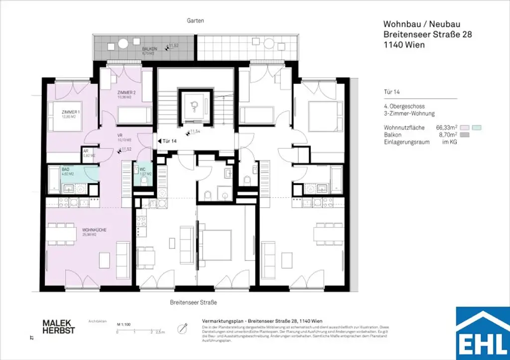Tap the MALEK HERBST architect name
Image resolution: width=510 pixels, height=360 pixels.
pyautogui.click(x=58, y=327)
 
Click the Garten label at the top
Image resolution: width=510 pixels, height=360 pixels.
pyautogui.click(x=197, y=20)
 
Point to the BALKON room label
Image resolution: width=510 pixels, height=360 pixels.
pyautogui.click(x=149, y=49)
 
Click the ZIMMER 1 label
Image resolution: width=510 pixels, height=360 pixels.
pyautogui.click(x=71, y=112)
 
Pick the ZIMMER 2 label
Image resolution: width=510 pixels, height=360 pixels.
pyautogui.click(x=127, y=93)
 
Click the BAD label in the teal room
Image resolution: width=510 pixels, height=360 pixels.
pyautogui.click(x=65, y=169)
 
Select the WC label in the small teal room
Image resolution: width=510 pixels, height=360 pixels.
pyautogui.click(x=142, y=169)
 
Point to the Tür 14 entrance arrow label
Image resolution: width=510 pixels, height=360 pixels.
pyautogui.click(x=168, y=141)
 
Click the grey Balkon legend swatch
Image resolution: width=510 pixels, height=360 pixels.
pyautogui.click(x=466, y=135)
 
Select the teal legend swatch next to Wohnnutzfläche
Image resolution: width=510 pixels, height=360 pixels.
pyautogui.click(x=478, y=128)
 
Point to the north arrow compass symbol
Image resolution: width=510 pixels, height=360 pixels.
pyautogui.click(x=184, y=328)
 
